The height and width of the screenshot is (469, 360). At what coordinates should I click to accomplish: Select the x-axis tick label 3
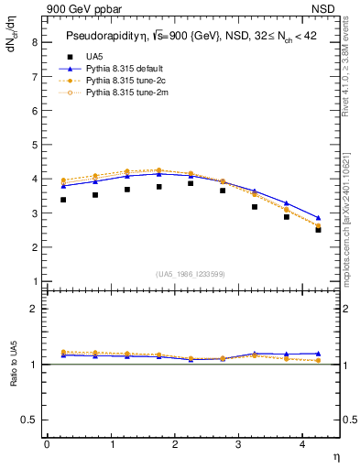pos(238,444)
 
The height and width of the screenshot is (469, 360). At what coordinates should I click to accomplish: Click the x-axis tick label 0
pos(47,444)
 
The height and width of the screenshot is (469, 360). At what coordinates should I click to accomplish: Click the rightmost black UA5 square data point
pos(318,230)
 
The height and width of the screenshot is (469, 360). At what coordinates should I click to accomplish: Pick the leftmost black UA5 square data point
pos(63,200)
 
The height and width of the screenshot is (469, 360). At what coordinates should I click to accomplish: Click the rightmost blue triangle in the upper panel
pos(318,218)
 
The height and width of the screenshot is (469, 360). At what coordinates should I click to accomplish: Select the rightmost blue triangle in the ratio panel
pos(318,354)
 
